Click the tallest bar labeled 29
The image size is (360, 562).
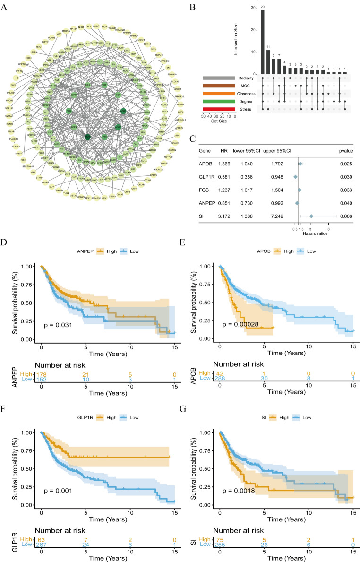click(x=262, y=42)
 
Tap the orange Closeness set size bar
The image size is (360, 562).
click(x=219, y=94)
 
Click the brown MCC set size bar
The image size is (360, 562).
click(x=219, y=86)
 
